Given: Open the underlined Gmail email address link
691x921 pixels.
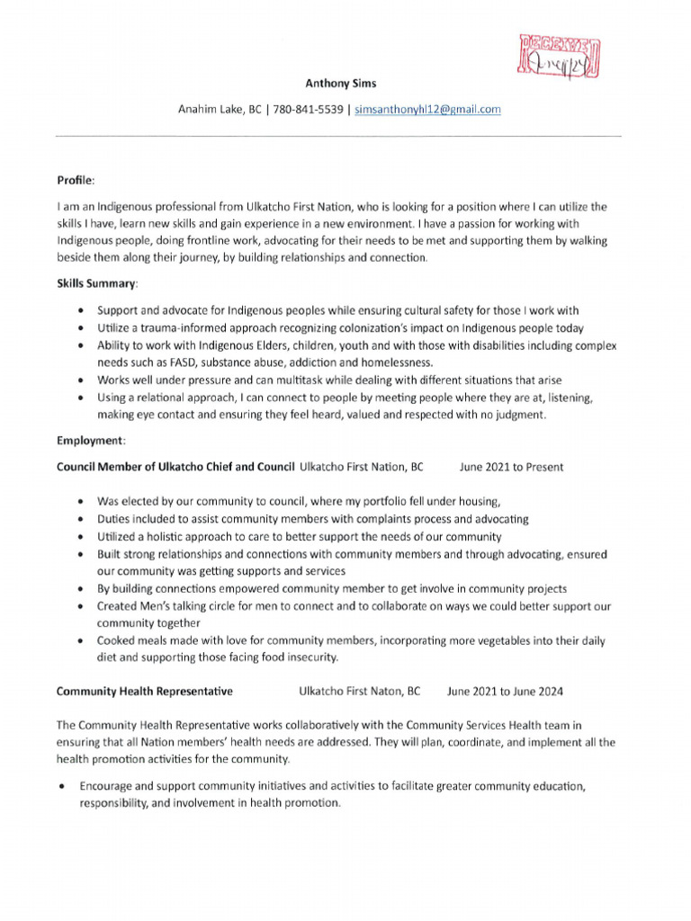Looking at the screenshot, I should click(427, 110).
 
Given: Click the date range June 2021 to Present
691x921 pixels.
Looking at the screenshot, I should click(511, 467).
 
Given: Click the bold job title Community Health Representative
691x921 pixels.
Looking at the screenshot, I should click(145, 692).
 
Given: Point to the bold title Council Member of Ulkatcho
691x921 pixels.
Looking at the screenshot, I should click(175, 467).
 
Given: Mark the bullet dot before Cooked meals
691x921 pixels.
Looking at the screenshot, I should click(82, 641).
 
